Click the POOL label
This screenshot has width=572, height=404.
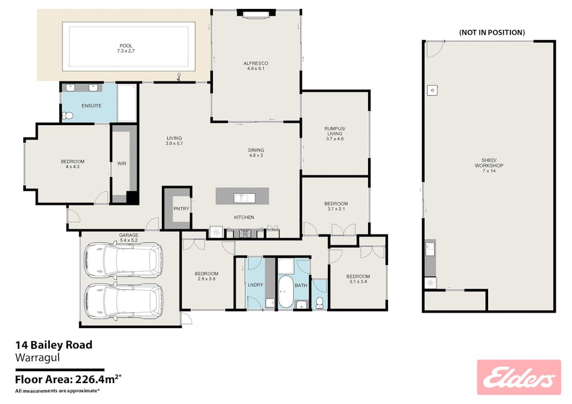click(126, 46)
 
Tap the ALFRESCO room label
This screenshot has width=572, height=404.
click(256, 63)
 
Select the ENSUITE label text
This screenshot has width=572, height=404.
click(92, 106)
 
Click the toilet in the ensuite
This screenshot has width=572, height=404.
click(68, 116)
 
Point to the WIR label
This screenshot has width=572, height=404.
click(122, 163)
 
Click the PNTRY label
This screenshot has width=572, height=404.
click(181, 209)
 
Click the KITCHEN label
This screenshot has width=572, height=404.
click(244, 217)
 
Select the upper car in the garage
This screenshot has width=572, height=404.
click(124, 260)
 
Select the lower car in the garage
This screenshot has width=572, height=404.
click(124, 301)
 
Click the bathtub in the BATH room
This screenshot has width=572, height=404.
click(285, 292)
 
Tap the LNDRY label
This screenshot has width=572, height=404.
click(255, 285)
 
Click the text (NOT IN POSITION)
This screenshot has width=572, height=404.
click(492, 32)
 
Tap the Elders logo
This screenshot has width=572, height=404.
click(519, 378)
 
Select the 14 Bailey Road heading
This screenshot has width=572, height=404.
click(53, 345)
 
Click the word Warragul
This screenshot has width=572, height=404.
click(37, 358)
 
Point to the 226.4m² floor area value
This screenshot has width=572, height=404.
click(98, 379)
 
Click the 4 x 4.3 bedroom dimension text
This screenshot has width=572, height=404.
click(73, 166)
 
